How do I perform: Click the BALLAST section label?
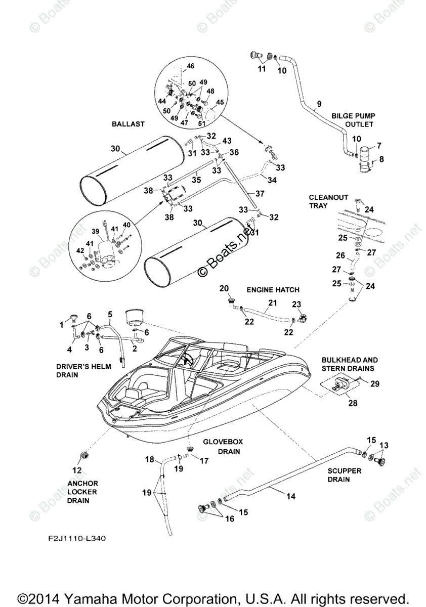tap(128, 124)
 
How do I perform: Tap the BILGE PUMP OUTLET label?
tap(353, 120)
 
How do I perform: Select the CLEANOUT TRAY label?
tap(328, 201)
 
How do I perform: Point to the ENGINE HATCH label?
tap(273, 290)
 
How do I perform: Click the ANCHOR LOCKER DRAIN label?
tap(82, 492)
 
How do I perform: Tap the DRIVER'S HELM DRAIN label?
tap(83, 370)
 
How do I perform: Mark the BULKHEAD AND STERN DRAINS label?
tap(350, 364)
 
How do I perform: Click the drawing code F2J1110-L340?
tap(77, 538)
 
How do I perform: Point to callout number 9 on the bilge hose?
tap(319, 104)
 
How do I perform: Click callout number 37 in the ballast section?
tap(260, 193)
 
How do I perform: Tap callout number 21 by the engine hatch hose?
tap(273, 302)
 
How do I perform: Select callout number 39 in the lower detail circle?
tap(96, 231)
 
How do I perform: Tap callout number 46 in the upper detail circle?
tap(191, 66)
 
